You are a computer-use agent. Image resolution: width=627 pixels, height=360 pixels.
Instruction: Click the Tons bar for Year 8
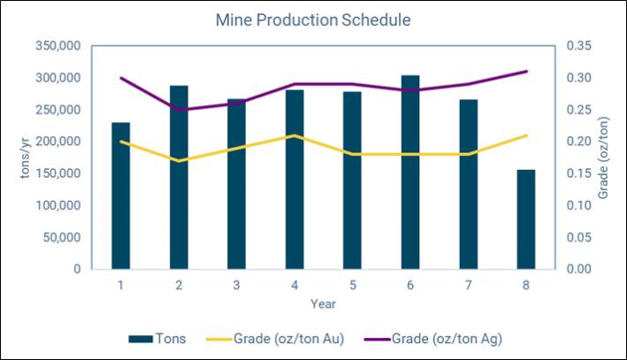(x=526, y=219)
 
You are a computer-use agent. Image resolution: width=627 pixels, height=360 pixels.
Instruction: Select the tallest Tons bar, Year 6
(x=410, y=172)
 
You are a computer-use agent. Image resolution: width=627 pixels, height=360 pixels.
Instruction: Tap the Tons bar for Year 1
(x=121, y=195)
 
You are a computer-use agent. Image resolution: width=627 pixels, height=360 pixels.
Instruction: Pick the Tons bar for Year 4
(x=294, y=180)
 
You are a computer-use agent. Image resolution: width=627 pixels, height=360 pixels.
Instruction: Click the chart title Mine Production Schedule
(x=313, y=20)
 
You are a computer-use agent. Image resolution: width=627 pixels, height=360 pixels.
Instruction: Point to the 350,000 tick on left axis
(x=58, y=46)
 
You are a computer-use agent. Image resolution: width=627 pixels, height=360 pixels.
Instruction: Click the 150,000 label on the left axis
(x=58, y=173)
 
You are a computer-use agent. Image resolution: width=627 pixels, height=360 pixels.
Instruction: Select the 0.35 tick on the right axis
(x=578, y=46)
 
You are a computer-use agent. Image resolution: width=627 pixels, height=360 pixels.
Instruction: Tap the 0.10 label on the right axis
(x=578, y=205)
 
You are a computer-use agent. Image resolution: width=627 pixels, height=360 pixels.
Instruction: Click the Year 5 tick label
(x=353, y=285)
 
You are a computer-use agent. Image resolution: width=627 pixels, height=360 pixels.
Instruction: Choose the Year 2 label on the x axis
(x=179, y=285)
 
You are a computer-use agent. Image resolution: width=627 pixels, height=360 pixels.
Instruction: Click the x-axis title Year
(x=323, y=304)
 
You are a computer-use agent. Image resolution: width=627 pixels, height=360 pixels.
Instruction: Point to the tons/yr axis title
(x=25, y=157)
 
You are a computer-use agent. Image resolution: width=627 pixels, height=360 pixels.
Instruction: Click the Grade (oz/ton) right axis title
(x=603, y=157)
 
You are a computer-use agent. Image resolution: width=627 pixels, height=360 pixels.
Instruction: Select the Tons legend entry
(x=157, y=339)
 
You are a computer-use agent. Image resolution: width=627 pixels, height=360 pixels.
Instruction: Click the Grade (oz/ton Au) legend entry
(x=275, y=339)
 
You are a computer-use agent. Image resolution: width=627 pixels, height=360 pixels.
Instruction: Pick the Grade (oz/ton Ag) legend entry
(x=433, y=339)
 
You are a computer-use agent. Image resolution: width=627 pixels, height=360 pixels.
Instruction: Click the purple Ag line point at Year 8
(x=526, y=71)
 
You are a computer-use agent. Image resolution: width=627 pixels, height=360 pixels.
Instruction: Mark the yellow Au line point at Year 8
(x=526, y=135)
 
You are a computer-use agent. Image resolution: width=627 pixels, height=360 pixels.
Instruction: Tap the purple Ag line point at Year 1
(x=121, y=78)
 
